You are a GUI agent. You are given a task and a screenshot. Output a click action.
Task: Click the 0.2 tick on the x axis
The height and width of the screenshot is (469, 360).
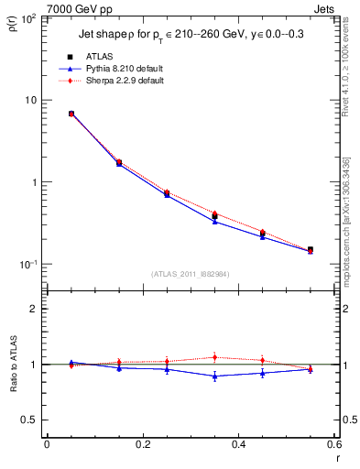click(x=142, y=444)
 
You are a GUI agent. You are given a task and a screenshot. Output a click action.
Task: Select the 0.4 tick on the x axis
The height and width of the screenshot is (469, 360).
click(x=239, y=444)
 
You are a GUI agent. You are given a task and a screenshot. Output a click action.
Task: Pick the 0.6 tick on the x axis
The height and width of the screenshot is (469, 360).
click(x=335, y=444)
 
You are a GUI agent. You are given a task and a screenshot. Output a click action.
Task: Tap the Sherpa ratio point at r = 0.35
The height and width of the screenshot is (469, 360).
click(x=214, y=357)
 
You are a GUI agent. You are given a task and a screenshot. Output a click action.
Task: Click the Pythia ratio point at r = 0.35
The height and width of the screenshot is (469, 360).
click(x=214, y=376)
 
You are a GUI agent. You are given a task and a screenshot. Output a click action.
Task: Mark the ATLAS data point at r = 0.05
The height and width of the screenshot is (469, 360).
click(x=71, y=114)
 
